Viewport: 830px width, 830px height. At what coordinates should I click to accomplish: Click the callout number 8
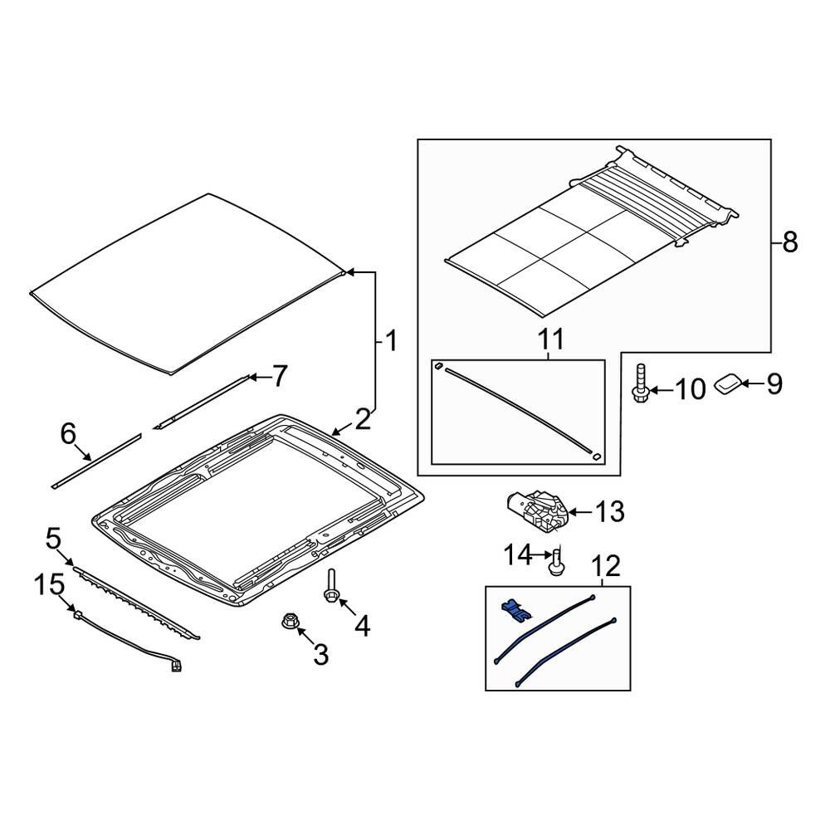[789, 242]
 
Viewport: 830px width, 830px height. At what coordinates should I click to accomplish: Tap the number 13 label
[609, 512]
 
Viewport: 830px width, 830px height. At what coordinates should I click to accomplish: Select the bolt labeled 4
[331, 587]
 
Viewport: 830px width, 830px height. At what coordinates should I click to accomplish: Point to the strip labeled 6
[95, 461]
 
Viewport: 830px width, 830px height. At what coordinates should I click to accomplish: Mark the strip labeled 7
[202, 402]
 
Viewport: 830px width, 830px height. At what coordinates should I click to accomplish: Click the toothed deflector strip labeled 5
[137, 602]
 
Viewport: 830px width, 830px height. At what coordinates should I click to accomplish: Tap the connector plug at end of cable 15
[176, 666]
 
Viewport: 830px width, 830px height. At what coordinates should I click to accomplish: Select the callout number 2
[363, 419]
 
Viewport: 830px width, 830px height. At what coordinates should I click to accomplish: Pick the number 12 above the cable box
[605, 567]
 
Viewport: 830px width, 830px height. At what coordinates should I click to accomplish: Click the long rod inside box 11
[519, 409]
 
